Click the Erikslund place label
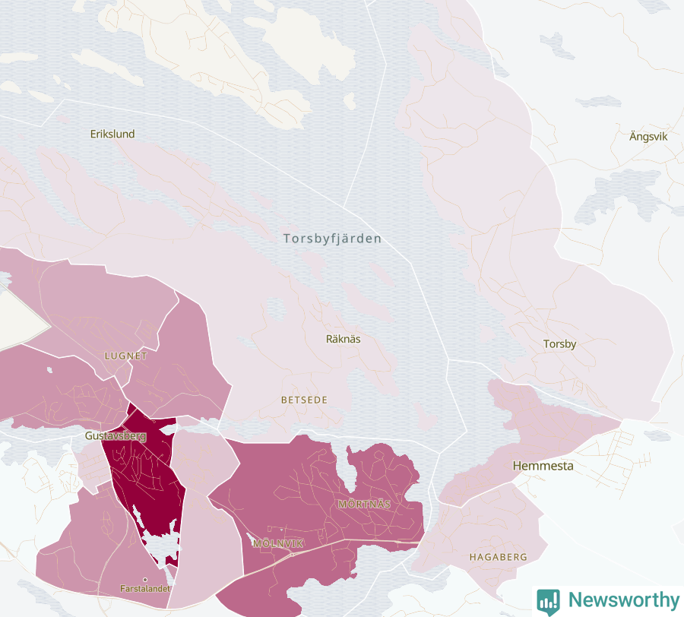tap(112, 134)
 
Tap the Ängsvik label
tap(648, 137)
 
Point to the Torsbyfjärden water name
tap(332, 239)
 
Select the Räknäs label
tap(343, 339)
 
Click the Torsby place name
tap(559, 344)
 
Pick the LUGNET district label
tap(125, 356)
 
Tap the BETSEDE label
tap(304, 400)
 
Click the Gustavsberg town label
tap(115, 437)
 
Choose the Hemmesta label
tap(543, 466)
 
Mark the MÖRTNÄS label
tap(364, 504)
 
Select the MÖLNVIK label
tap(278, 543)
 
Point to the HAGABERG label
tap(498, 557)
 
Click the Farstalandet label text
tap(145, 589)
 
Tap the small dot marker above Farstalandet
tap(145, 580)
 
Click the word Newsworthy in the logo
tap(623, 600)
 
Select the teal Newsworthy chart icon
tap(547, 601)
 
